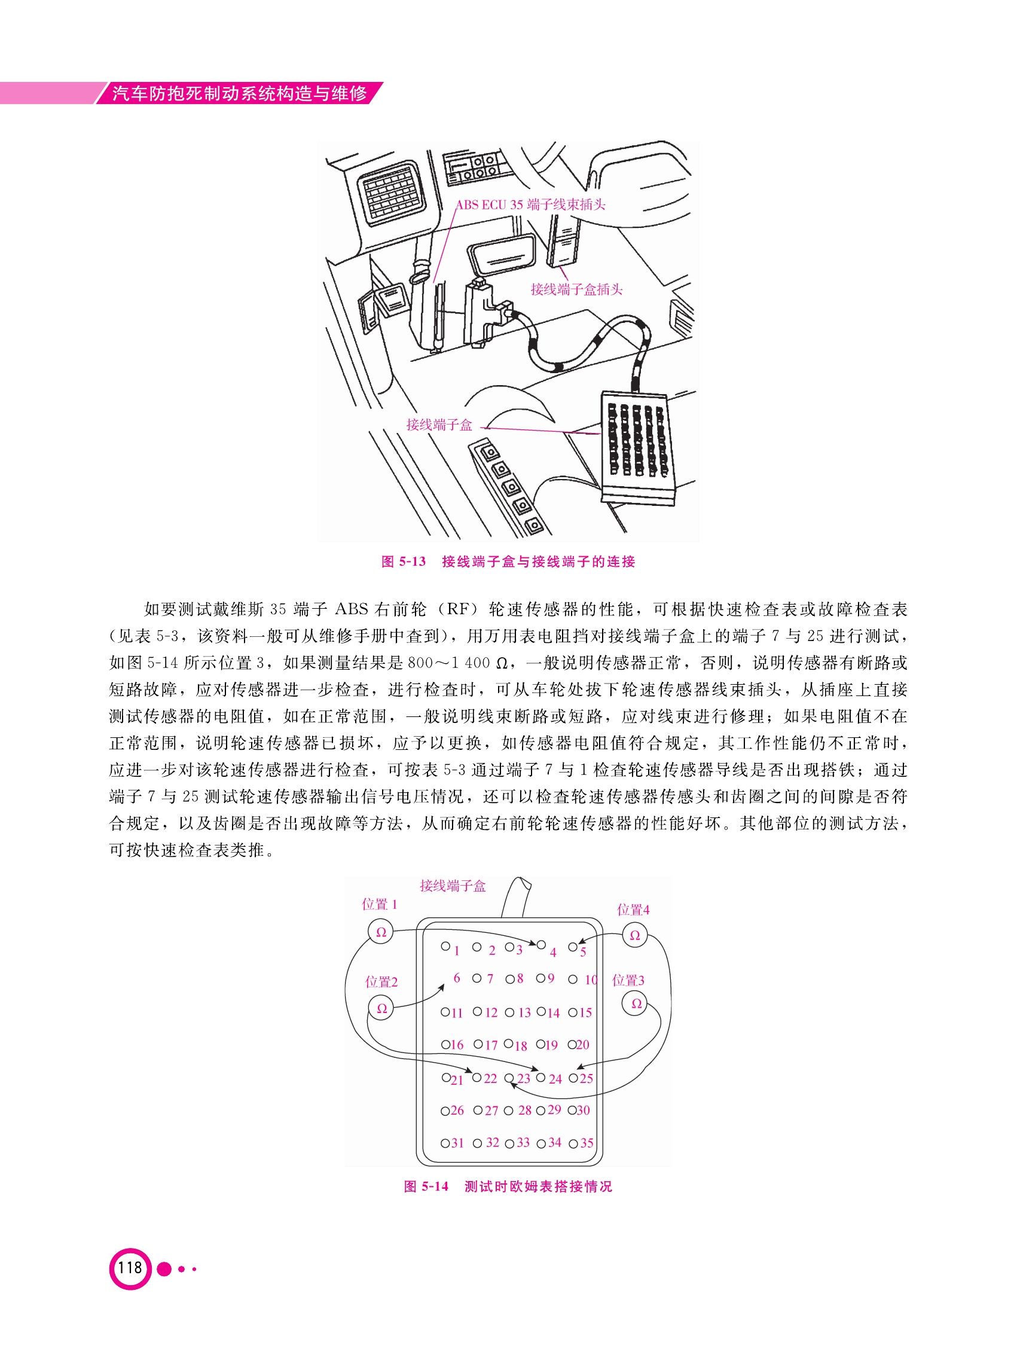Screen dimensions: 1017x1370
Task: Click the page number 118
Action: click(130, 1267)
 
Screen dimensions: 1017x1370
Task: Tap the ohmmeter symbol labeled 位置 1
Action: click(380, 932)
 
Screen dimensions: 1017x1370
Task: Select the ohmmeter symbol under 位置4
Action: click(634, 936)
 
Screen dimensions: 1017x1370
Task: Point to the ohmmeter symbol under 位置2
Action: click(381, 1009)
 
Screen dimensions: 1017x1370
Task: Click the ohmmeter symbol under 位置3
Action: click(636, 1004)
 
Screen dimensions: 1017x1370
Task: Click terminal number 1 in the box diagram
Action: click(457, 951)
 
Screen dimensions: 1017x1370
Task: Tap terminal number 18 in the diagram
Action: click(521, 1045)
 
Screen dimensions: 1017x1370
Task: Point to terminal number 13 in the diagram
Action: click(524, 1013)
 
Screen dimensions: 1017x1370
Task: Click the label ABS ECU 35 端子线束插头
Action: click(531, 205)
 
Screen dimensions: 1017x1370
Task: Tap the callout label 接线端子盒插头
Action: click(577, 289)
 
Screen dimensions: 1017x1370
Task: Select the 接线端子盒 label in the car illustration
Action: click(439, 424)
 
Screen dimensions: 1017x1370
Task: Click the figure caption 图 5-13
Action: click(404, 562)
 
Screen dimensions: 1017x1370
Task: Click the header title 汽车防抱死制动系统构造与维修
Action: click(241, 94)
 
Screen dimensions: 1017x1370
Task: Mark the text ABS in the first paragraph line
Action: click(351, 609)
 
